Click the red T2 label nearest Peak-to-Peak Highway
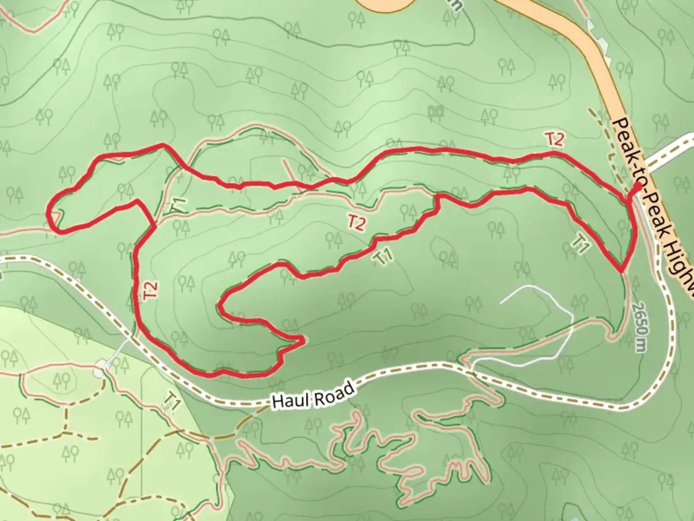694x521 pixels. coord(555,139)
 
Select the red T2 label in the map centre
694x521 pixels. coord(356,222)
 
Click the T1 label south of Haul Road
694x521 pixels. coord(172,401)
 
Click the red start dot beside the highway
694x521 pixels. coord(637,186)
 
